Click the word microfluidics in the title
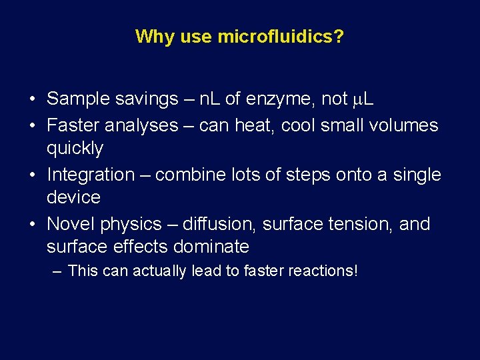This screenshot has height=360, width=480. (281, 36)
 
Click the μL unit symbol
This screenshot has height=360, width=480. (363, 99)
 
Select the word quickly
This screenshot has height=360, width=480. (75, 148)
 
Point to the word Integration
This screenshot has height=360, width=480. (91, 175)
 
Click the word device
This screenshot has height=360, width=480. (73, 197)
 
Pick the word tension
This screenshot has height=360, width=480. (363, 224)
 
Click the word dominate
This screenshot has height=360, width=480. (211, 247)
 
